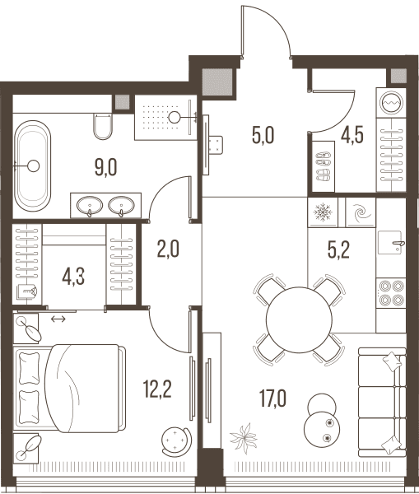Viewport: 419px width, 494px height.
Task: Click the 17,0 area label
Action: (272, 398)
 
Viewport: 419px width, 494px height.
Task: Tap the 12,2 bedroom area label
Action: (157, 389)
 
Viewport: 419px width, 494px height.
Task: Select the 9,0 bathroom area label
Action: (106, 167)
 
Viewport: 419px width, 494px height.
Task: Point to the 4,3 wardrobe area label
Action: (73, 277)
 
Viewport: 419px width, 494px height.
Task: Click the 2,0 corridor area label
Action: (168, 249)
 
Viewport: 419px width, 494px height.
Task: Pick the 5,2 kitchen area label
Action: (338, 250)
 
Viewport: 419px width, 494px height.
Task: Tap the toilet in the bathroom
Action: (103, 126)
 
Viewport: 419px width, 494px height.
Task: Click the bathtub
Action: (33, 166)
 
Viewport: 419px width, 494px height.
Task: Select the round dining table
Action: (299, 319)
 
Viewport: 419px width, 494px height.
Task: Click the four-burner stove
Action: (391, 293)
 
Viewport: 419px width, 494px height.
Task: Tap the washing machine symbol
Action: (391, 103)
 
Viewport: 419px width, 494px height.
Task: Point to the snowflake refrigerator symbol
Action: (323, 212)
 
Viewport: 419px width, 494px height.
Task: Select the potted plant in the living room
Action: (244, 438)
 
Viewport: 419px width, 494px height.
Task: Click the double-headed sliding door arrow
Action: (58, 319)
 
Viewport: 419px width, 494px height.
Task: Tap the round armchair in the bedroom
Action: (176, 440)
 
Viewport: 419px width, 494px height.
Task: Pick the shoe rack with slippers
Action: (323, 166)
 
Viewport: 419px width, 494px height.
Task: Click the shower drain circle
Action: (174, 118)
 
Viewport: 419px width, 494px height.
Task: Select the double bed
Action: (69, 389)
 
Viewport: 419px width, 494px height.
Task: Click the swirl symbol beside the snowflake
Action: (361, 212)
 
